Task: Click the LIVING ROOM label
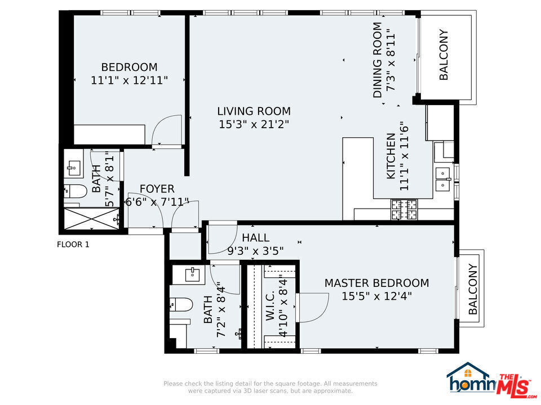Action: [x=254, y=111]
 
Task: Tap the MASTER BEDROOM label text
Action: [x=376, y=283]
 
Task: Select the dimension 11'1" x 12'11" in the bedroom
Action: [x=129, y=80]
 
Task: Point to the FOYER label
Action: [x=157, y=189]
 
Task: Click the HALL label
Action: [x=255, y=238]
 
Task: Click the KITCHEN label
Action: [x=391, y=156]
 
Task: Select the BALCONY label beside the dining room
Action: [x=444, y=55]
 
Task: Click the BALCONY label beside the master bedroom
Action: [x=473, y=289]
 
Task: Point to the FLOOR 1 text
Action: [x=73, y=244]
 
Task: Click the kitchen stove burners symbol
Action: [x=405, y=210]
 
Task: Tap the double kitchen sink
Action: [x=443, y=178]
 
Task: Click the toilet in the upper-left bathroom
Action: [x=76, y=192]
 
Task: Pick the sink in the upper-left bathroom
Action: [x=74, y=166]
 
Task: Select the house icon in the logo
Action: [x=467, y=377]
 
